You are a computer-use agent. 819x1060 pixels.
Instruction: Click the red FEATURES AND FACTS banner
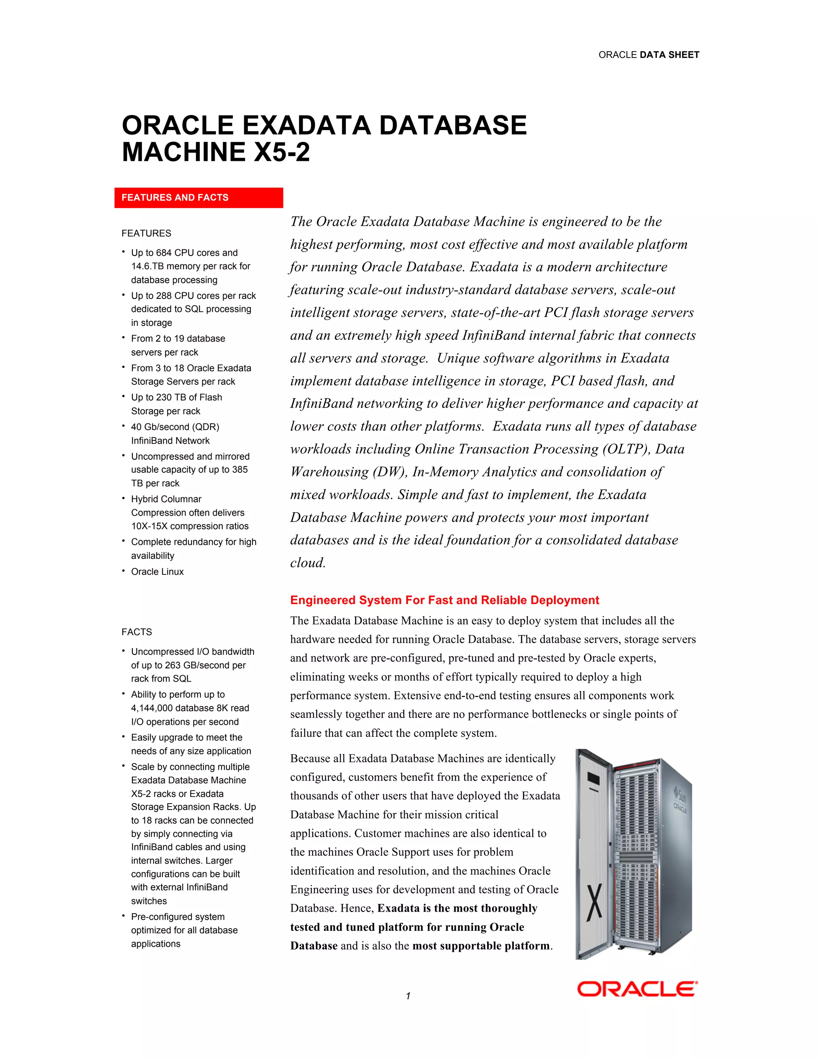(x=198, y=198)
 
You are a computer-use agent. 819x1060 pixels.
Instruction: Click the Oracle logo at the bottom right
(x=637, y=989)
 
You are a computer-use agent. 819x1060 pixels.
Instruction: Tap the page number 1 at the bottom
(x=408, y=996)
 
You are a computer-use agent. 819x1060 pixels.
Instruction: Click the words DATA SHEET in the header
(x=669, y=55)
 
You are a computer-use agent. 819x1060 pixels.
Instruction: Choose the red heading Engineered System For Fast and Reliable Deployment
(x=444, y=600)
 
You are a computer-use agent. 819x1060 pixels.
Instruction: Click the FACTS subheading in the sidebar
(x=137, y=632)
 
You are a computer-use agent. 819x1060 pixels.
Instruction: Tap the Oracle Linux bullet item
(x=157, y=572)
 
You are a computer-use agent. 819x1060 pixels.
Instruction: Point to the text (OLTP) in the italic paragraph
(x=626, y=449)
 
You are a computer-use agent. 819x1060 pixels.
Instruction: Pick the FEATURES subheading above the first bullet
(x=146, y=234)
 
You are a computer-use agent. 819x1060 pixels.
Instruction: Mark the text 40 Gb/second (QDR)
(x=175, y=427)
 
